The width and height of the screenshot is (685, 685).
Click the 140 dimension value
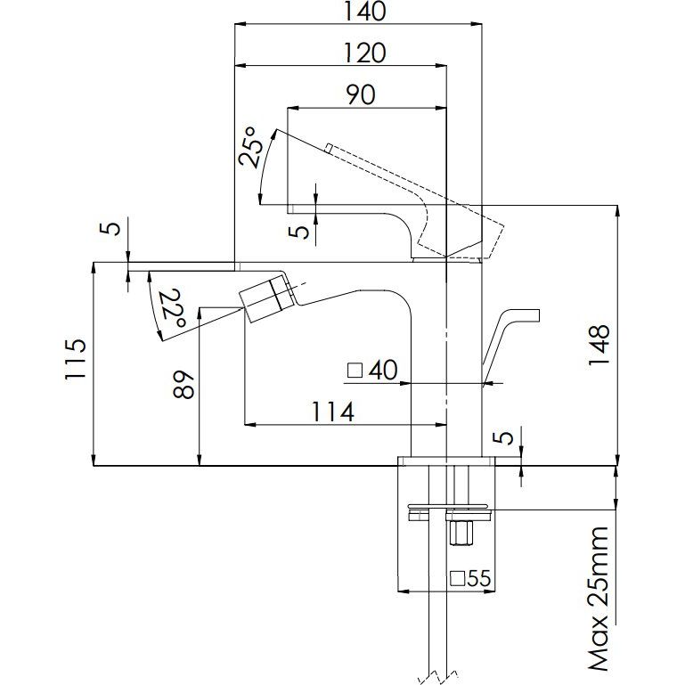(364, 12)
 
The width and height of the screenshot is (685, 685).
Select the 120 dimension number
(364, 53)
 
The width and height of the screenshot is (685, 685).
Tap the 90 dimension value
(361, 94)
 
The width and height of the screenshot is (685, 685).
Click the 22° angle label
(174, 308)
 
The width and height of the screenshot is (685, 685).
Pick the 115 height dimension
(75, 359)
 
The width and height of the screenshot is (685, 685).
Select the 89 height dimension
(183, 385)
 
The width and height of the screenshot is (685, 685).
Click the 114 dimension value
(332, 412)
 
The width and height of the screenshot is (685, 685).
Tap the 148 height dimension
(599, 347)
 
